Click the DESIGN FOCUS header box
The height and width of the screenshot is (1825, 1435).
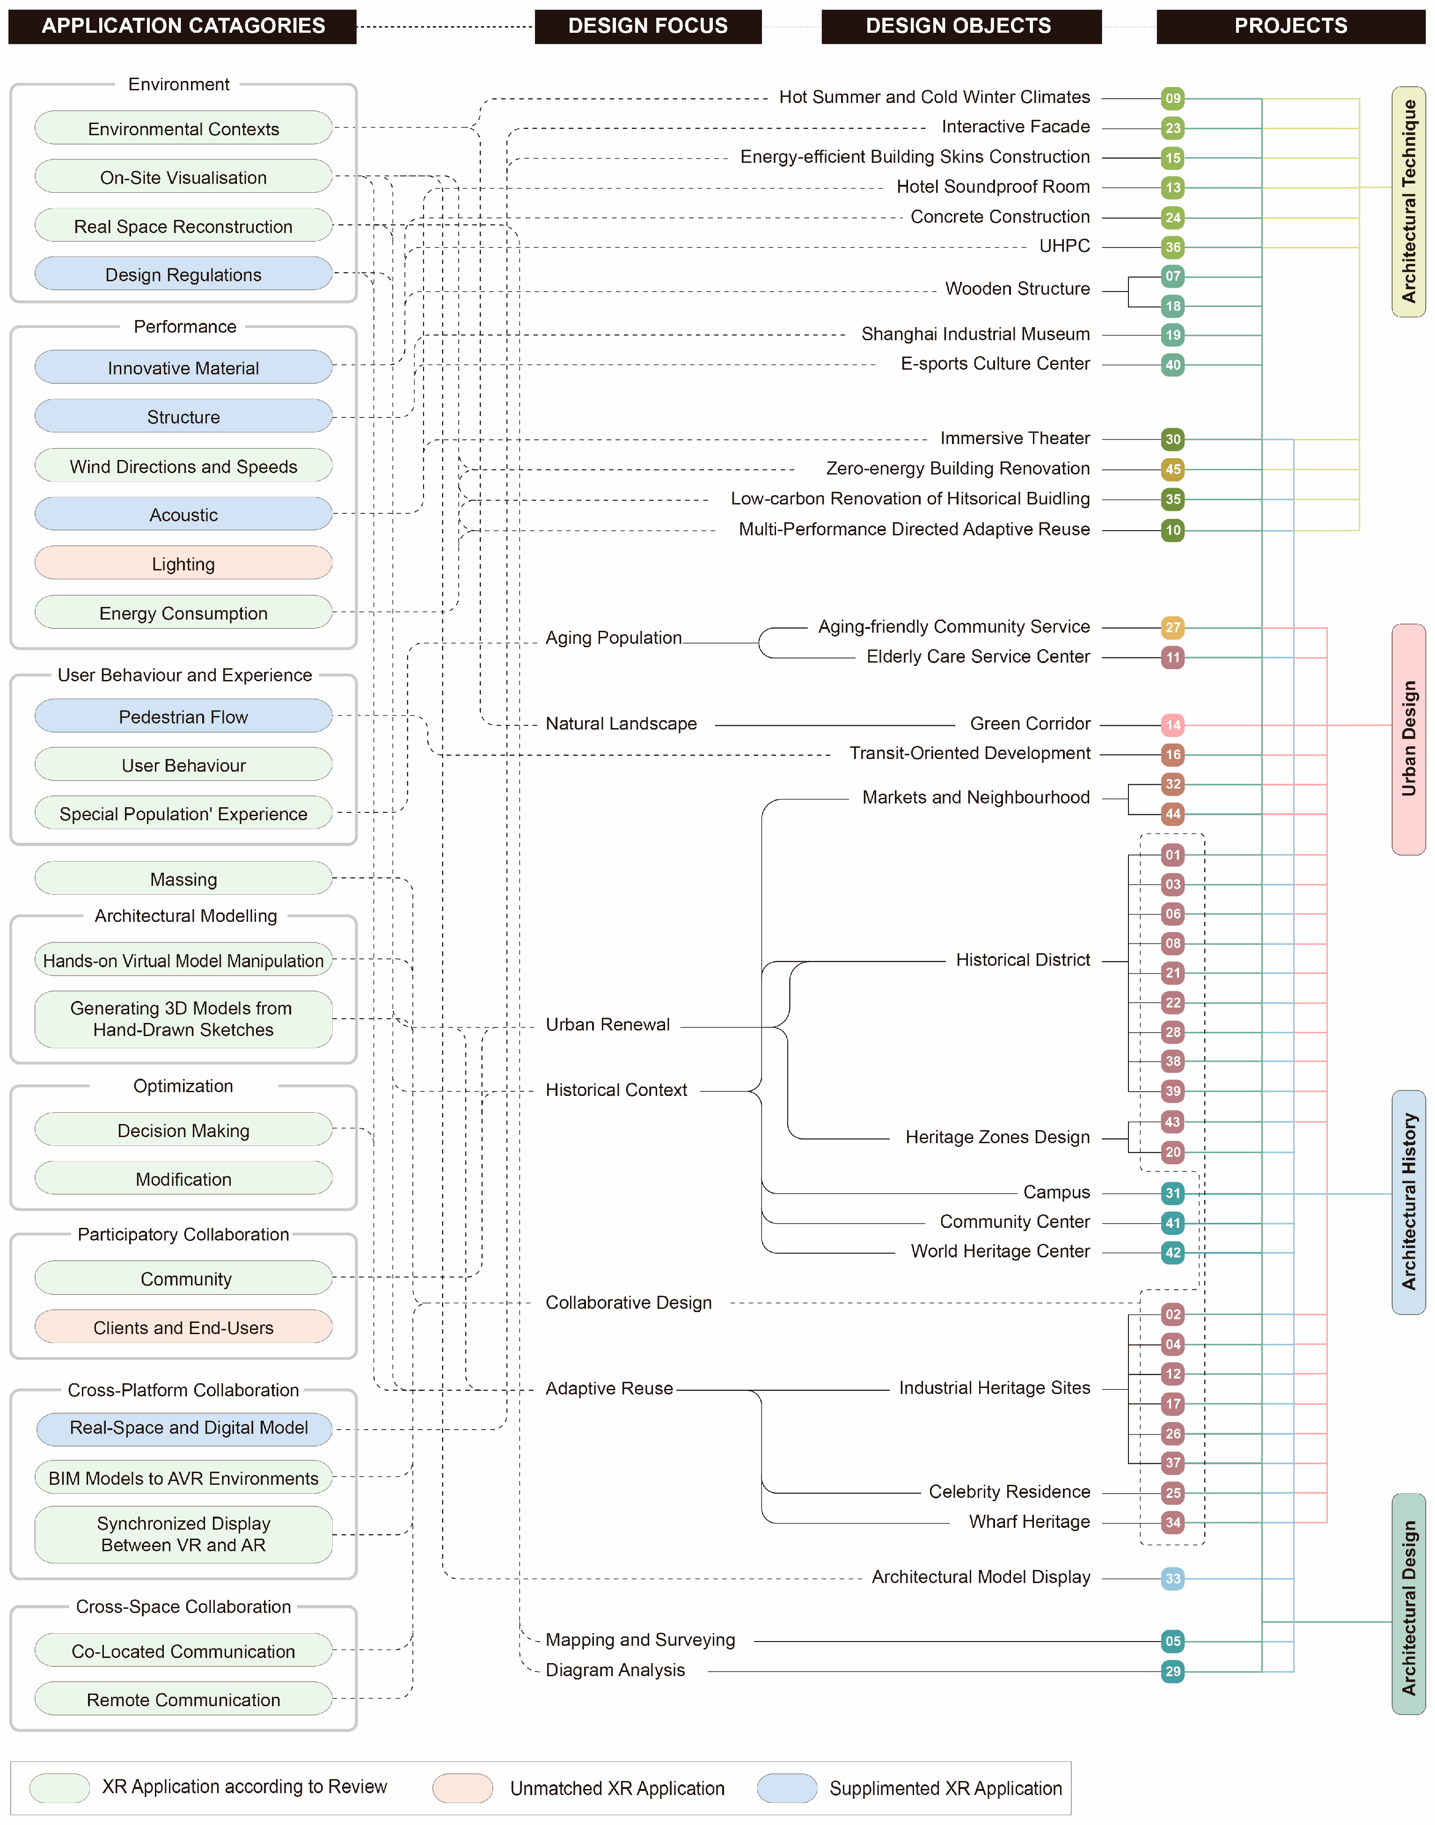(x=648, y=26)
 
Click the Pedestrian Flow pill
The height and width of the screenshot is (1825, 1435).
(x=183, y=716)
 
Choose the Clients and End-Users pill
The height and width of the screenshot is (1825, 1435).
(x=183, y=1327)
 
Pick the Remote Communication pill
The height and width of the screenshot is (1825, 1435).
(x=183, y=1699)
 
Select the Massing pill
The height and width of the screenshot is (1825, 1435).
(x=183, y=878)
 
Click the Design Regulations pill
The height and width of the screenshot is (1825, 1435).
(x=183, y=275)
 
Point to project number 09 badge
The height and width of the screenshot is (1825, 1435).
(x=1173, y=98)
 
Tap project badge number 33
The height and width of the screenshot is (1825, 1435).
(x=1173, y=1578)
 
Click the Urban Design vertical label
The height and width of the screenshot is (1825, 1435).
(x=1408, y=739)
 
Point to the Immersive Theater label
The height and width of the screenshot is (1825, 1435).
(x=1014, y=438)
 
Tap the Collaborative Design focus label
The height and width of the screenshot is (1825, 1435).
(x=629, y=1303)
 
